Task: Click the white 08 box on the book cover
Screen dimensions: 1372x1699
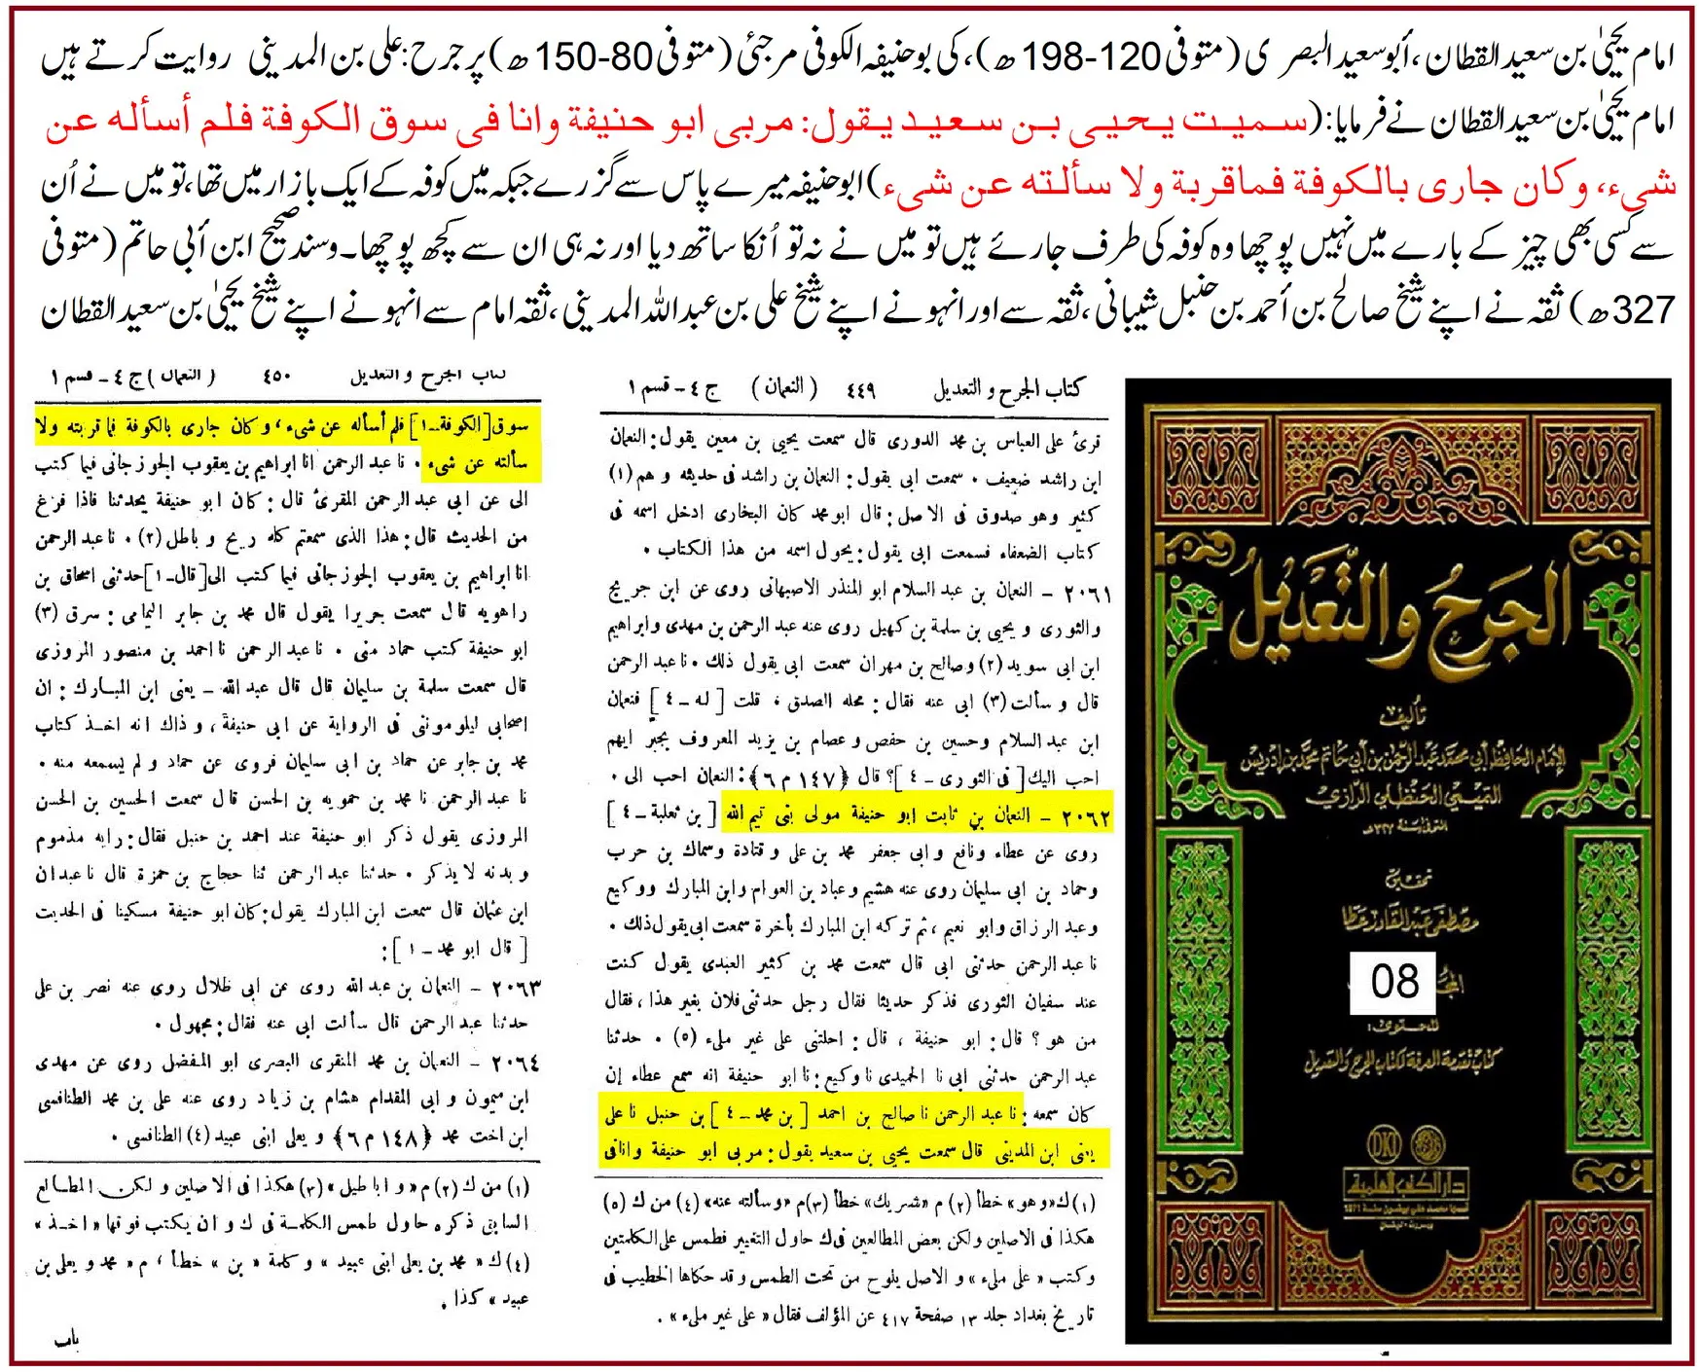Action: point(1393,982)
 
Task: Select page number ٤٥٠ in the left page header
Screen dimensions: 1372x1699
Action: point(276,376)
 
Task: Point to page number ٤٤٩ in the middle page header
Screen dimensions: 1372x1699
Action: point(860,390)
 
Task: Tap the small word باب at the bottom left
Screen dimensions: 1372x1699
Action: point(67,1341)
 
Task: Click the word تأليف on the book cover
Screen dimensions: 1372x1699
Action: point(1397,718)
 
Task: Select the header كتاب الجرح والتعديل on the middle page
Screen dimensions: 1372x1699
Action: point(1008,390)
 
